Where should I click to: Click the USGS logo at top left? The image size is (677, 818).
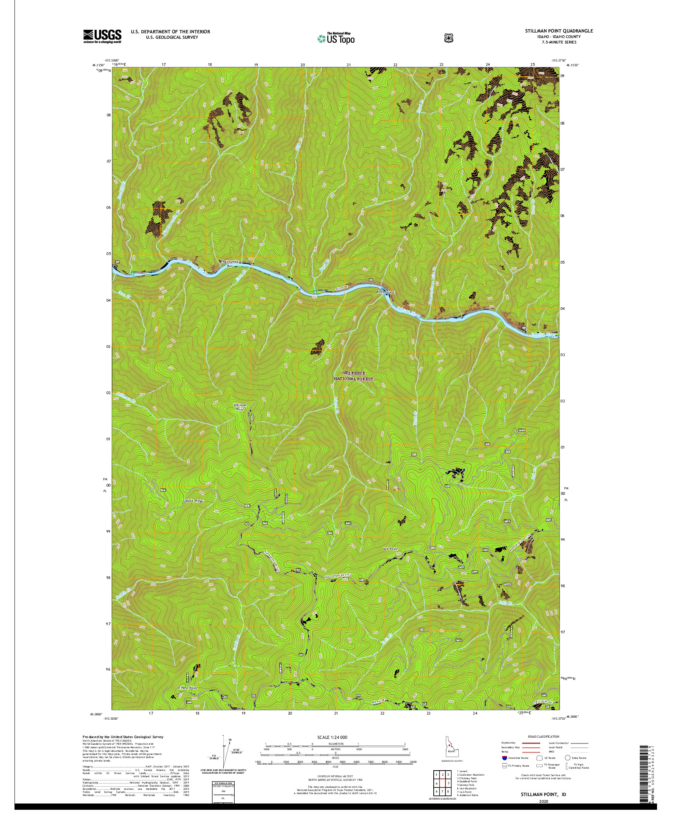click(102, 36)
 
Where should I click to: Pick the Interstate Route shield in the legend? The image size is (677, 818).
click(504, 769)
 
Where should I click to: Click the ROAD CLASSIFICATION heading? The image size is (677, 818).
click(545, 737)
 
